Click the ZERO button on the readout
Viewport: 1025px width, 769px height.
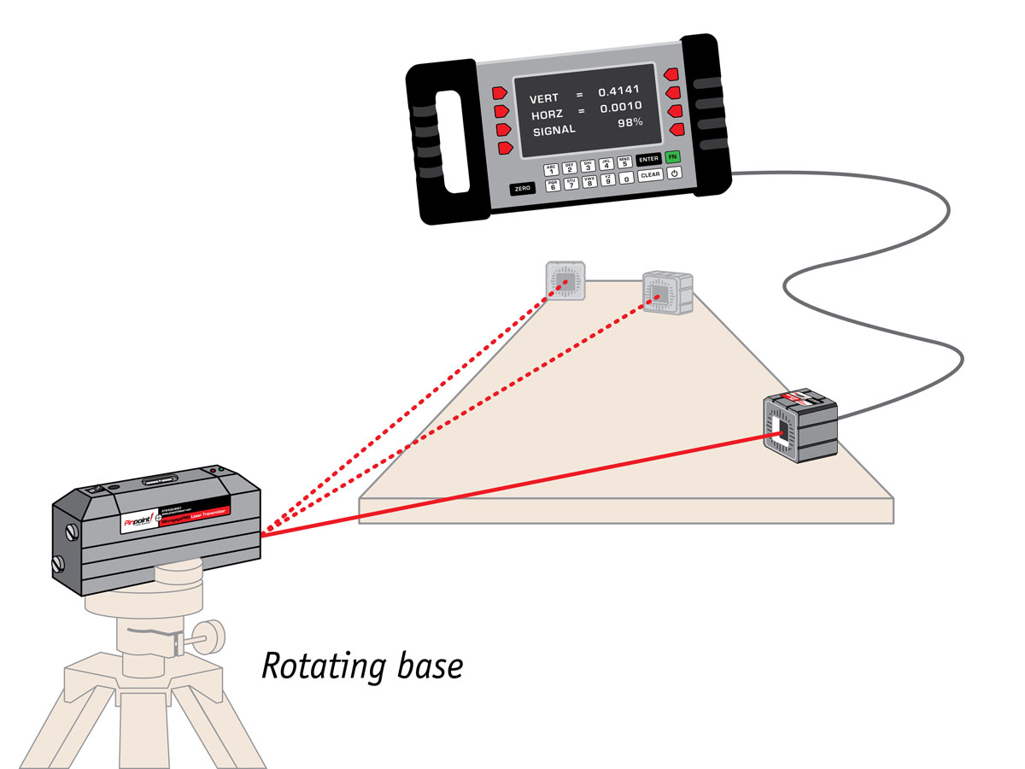(x=522, y=188)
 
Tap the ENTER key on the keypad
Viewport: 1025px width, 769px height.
(x=649, y=159)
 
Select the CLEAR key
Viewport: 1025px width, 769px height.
(x=651, y=175)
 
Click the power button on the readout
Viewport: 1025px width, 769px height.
(x=674, y=173)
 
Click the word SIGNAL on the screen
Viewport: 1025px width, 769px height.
(x=555, y=131)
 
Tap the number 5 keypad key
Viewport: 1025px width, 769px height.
(x=624, y=162)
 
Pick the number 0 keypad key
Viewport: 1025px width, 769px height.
(x=627, y=179)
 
